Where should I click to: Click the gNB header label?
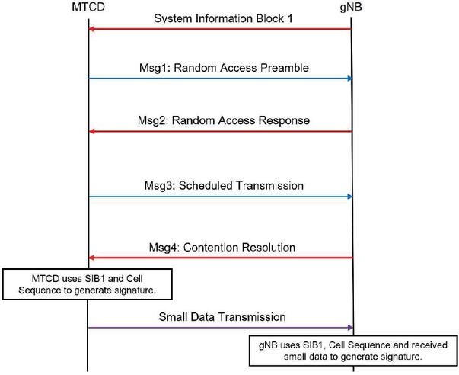click(351, 7)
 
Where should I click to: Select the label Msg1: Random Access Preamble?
click(221, 68)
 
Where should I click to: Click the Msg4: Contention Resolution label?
click(219, 247)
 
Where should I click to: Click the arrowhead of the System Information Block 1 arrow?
click(92, 29)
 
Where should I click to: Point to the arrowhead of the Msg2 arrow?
click(92, 132)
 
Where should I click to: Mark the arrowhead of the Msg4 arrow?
click(92, 258)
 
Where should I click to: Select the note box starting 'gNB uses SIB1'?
click(353, 350)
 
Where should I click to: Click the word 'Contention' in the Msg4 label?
click(218, 247)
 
